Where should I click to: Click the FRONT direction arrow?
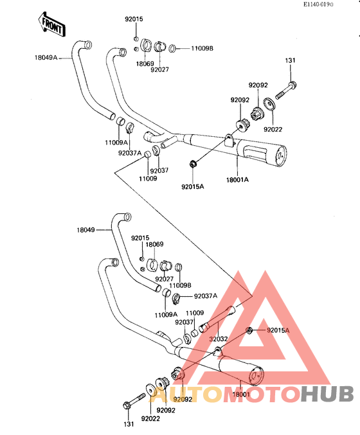(51, 24)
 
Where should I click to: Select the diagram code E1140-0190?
(318, 4)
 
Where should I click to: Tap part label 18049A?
(46, 58)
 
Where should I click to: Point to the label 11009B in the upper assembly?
(202, 48)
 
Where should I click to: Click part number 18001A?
(237, 180)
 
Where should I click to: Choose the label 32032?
(219, 339)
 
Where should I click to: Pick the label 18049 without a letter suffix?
(85, 229)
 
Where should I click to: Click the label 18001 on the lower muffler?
(241, 395)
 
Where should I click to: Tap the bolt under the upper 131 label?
(286, 89)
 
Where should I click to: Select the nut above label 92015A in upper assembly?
(192, 164)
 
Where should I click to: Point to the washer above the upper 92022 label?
(269, 103)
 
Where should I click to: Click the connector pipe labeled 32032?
(218, 319)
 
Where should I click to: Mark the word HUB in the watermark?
(327, 394)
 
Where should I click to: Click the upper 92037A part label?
(130, 153)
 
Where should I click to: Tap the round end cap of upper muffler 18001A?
(281, 156)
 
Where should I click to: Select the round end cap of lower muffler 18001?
(256, 377)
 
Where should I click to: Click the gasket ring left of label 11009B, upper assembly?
(172, 48)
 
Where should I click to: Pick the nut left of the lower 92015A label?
(249, 330)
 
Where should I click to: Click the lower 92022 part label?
(150, 419)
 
